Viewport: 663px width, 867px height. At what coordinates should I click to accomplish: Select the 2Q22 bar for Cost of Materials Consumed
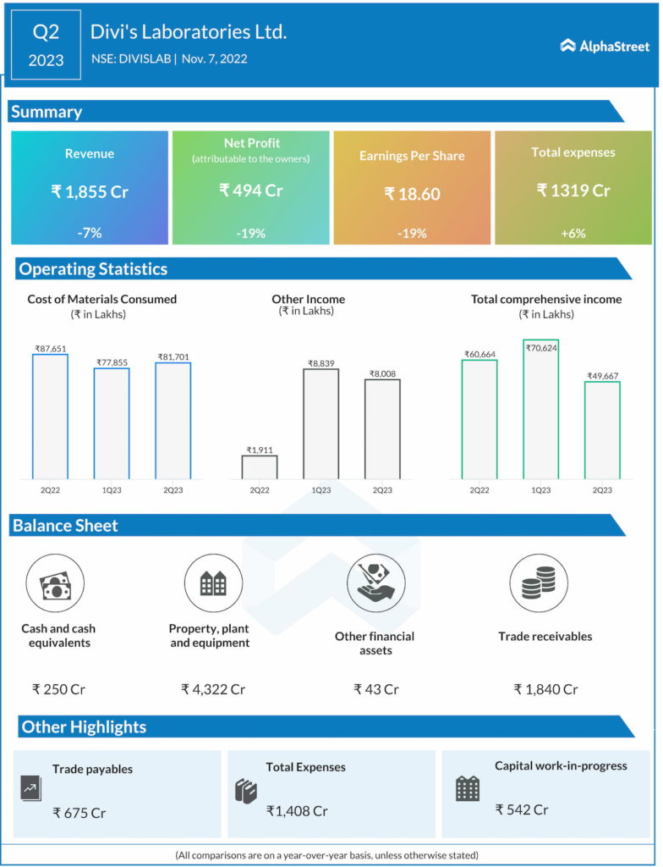tap(50, 416)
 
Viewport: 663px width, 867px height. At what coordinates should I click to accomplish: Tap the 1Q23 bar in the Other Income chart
tap(321, 423)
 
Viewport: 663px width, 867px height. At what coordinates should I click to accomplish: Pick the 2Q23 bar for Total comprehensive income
tap(602, 429)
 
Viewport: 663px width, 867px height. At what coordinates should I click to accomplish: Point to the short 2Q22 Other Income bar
tap(259, 467)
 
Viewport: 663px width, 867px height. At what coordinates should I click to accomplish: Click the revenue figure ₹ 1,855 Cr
tap(90, 191)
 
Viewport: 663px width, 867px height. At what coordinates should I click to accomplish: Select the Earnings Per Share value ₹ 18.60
tap(412, 194)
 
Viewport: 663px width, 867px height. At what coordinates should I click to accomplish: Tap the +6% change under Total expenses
tap(573, 233)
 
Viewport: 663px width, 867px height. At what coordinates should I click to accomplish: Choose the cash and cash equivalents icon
tap(54, 583)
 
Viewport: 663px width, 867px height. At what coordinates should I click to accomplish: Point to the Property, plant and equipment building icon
tap(212, 583)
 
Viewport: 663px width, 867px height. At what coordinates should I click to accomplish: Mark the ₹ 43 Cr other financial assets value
tap(375, 689)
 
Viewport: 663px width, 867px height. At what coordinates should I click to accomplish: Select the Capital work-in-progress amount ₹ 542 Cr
tap(522, 809)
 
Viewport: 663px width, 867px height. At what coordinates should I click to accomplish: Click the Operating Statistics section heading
tap(93, 269)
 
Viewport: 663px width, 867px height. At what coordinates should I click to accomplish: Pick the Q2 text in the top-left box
tap(47, 32)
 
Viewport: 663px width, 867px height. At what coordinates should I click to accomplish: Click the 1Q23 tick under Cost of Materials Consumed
tap(112, 489)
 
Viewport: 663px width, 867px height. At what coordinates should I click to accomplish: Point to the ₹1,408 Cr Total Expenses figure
tap(297, 811)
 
